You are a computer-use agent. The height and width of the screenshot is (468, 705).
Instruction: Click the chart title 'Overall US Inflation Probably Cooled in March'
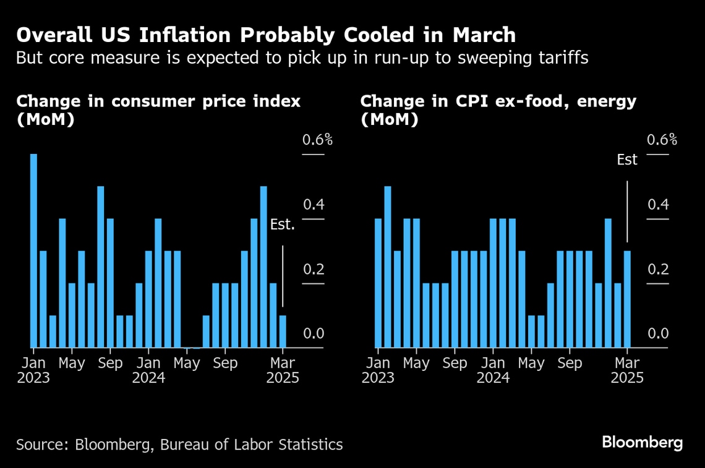(265, 35)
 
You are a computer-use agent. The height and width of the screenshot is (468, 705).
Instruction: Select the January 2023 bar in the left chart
(33, 250)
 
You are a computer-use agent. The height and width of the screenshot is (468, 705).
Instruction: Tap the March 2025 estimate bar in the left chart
(283, 331)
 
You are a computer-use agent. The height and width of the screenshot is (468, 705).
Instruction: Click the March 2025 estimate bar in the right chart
(627, 299)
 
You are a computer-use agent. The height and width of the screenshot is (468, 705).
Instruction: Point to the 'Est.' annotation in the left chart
(283, 224)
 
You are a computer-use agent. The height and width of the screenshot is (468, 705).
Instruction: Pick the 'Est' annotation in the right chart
(627, 160)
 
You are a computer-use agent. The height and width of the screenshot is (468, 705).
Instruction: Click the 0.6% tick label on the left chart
(317, 140)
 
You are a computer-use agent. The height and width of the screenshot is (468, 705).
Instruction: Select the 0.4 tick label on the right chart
(658, 205)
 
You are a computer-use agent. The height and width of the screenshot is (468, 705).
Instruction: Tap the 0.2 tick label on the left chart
(314, 270)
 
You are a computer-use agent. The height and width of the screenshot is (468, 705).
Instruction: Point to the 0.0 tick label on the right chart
(658, 334)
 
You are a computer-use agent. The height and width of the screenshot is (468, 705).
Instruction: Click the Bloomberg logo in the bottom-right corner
(643, 443)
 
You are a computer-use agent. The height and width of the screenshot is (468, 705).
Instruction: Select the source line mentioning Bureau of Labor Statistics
(179, 444)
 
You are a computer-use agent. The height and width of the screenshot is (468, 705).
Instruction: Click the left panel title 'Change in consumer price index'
(158, 101)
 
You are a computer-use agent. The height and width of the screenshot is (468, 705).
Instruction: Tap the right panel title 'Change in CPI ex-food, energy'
(498, 101)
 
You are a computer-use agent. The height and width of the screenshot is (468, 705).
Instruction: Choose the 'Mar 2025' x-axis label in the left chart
(283, 370)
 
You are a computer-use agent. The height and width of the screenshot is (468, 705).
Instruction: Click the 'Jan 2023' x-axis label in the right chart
(378, 370)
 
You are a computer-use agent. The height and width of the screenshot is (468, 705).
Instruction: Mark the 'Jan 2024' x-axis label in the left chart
(148, 370)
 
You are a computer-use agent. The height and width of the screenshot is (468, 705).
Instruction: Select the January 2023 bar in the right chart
(378, 283)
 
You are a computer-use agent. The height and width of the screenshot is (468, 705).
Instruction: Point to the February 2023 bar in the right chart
(388, 267)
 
